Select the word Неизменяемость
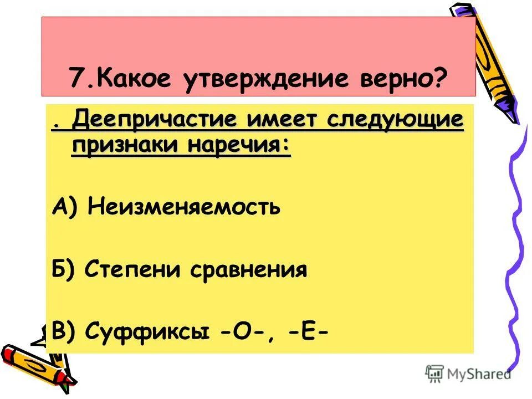click(x=184, y=208)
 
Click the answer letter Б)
click(x=65, y=270)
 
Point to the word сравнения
click(x=249, y=270)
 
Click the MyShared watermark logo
click(x=468, y=373)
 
